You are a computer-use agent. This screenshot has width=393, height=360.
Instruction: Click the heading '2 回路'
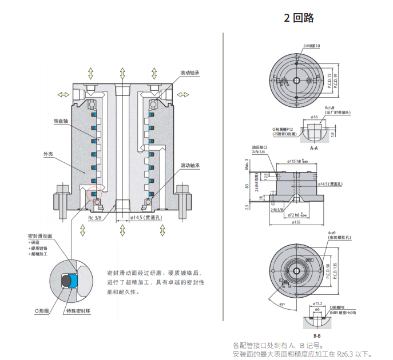(x=299, y=18)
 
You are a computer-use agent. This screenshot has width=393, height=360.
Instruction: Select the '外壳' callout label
(x=47, y=154)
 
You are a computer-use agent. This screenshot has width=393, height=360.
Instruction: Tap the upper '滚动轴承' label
(x=190, y=73)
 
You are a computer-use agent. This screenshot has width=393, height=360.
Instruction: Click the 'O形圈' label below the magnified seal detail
(x=42, y=310)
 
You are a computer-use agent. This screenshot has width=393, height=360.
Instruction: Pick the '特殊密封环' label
(x=78, y=310)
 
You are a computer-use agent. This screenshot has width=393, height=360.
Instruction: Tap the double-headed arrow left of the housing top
(x=59, y=94)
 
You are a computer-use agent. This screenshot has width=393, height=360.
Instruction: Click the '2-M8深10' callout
(x=311, y=46)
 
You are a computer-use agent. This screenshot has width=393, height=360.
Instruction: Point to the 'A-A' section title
(x=313, y=147)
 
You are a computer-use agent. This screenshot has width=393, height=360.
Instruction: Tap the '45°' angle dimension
(x=281, y=303)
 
